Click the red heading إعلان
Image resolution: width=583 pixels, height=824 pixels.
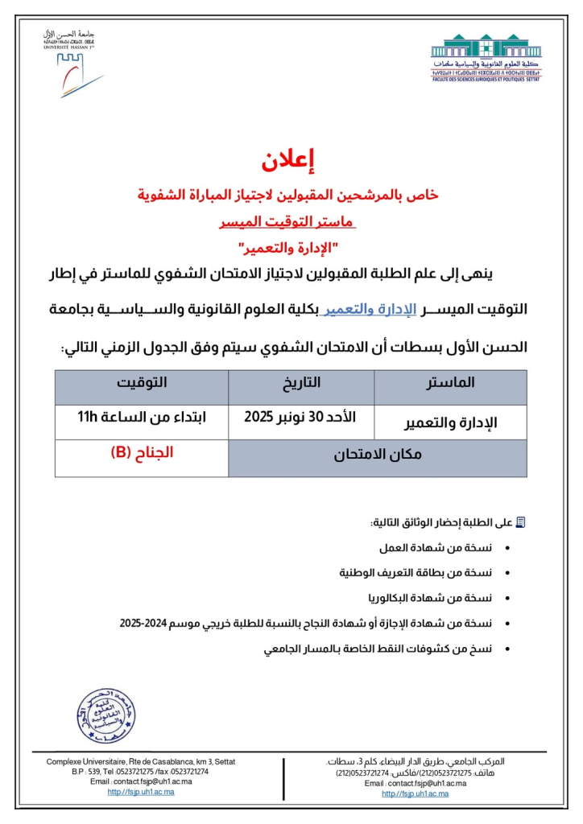(291, 159)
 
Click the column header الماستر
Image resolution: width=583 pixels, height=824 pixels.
(451, 384)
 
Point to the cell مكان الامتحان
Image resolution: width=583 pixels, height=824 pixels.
(378, 456)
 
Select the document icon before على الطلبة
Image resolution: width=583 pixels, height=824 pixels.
(520, 522)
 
